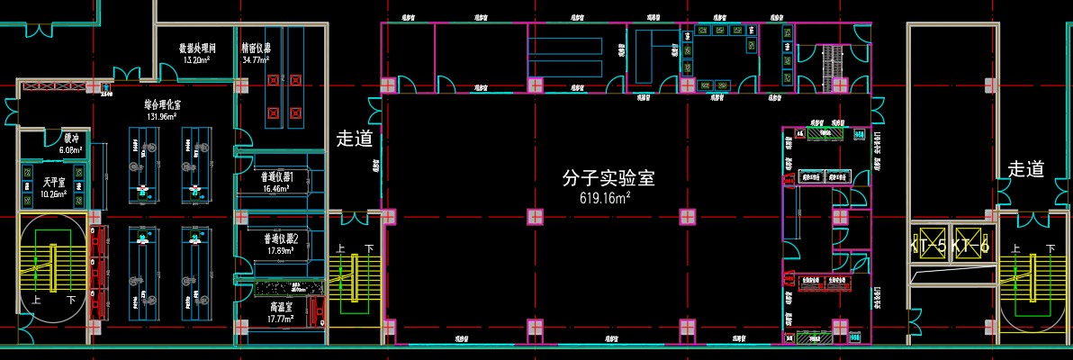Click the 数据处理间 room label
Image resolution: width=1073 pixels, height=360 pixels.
point(196,48)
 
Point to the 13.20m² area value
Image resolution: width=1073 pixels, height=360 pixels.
point(196,59)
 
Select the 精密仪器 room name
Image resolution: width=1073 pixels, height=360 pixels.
point(257,48)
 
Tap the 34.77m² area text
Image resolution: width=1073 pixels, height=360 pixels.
point(257,59)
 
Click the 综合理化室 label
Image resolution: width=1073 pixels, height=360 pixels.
point(160,104)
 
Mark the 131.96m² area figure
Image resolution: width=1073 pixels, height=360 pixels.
point(160,116)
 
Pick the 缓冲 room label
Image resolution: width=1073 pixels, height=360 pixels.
point(70,139)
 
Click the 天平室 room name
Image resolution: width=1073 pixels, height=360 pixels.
point(35,183)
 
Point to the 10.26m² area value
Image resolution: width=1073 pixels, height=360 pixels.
point(35,194)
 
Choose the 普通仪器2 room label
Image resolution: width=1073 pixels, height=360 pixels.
point(281,239)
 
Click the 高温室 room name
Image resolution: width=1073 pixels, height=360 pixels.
point(280,307)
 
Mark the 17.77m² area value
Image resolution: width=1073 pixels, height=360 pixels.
point(281,319)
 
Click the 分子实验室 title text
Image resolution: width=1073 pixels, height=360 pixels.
point(608,178)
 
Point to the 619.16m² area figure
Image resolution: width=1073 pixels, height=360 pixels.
point(605,198)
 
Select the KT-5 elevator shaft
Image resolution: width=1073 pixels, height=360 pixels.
point(928,244)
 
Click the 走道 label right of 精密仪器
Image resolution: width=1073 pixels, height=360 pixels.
point(355,139)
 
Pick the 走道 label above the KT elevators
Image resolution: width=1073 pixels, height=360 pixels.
point(1025,169)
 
